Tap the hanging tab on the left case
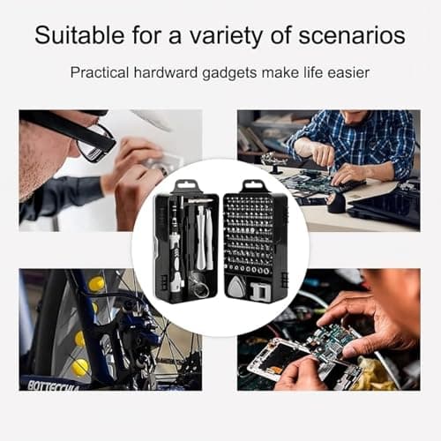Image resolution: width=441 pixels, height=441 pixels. pyautogui.click(x=186, y=187)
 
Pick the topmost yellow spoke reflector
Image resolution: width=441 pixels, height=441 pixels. pyautogui.click(x=96, y=283)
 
